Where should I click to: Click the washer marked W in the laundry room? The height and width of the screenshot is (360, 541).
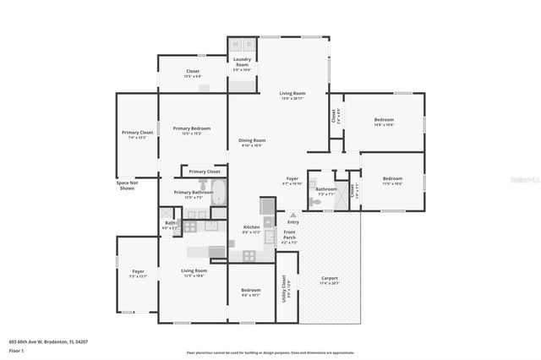click(236, 44)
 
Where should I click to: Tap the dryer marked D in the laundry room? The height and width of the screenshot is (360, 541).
click(249, 44)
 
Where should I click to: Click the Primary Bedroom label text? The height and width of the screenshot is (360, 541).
click(192, 128)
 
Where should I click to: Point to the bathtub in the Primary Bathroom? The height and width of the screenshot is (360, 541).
click(218, 193)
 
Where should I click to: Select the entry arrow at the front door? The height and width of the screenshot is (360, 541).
click(293, 215)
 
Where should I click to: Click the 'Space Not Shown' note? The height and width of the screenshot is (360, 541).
click(127, 185)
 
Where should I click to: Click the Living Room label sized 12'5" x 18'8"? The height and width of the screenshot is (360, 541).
click(194, 271)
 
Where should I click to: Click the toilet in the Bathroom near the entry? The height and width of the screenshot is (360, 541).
click(314, 202)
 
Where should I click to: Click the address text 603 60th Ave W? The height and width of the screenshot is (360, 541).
click(48, 341)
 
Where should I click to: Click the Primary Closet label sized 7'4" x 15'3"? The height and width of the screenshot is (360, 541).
click(137, 133)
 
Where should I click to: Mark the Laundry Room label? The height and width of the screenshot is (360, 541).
click(242, 62)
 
